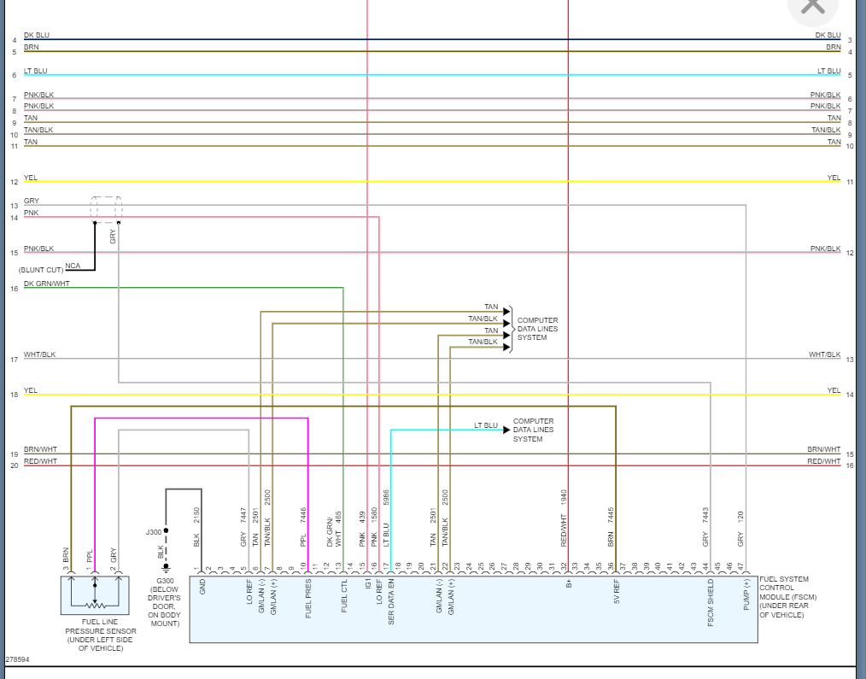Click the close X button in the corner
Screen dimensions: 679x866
(x=812, y=7)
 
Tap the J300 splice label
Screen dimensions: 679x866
(x=153, y=532)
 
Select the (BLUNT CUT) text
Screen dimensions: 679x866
(x=40, y=270)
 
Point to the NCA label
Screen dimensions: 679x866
(x=73, y=266)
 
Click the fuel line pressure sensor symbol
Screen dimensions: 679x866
(x=95, y=594)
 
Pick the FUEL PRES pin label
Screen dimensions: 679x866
(x=308, y=598)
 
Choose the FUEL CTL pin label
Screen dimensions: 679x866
(x=344, y=598)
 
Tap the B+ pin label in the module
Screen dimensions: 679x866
(x=568, y=583)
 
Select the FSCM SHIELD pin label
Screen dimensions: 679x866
(x=711, y=603)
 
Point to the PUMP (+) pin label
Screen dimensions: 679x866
(x=746, y=595)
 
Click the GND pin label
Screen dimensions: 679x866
(x=202, y=587)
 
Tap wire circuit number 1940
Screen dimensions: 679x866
(x=565, y=498)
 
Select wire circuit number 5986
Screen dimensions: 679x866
(x=387, y=499)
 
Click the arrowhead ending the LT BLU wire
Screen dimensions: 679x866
(x=506, y=430)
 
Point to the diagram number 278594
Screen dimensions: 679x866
(x=16, y=660)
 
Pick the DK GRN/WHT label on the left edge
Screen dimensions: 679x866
(x=47, y=284)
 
